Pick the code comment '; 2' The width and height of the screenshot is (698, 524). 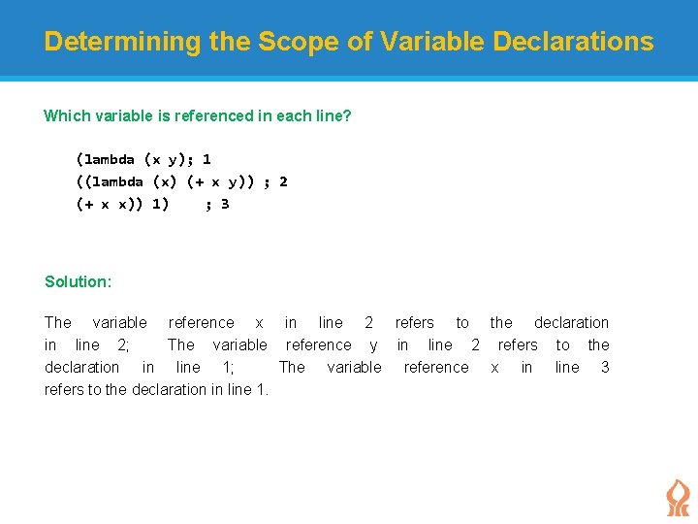pyautogui.click(x=275, y=181)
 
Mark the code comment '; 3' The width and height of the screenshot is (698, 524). pyautogui.click(x=217, y=204)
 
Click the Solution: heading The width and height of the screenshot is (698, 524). pyautogui.click(x=78, y=281)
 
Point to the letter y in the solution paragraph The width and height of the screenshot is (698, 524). pyautogui.click(x=374, y=345)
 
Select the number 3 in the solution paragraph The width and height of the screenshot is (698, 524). pyautogui.click(x=605, y=367)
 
